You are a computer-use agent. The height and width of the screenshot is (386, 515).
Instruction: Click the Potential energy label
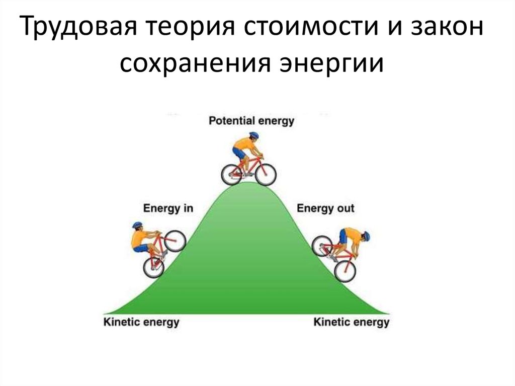pyautogui.click(x=251, y=121)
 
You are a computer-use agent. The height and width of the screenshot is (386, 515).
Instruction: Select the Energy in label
pyautogui.click(x=168, y=208)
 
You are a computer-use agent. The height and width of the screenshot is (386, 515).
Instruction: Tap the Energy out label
pyautogui.click(x=325, y=208)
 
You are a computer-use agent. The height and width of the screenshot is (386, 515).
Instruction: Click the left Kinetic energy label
pyautogui.click(x=141, y=322)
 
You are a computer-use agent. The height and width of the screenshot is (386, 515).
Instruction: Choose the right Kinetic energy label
pyautogui.click(x=352, y=322)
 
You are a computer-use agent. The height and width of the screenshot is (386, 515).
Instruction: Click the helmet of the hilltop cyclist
pyautogui.click(x=253, y=135)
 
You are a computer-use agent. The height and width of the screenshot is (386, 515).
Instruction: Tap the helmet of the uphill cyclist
pyautogui.click(x=137, y=225)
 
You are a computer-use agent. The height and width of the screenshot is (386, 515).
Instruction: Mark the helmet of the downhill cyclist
pyautogui.click(x=366, y=236)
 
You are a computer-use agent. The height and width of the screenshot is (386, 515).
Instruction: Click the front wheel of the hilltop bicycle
pyautogui.click(x=265, y=174)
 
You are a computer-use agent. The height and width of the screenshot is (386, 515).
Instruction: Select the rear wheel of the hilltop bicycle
pyautogui.click(x=232, y=174)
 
